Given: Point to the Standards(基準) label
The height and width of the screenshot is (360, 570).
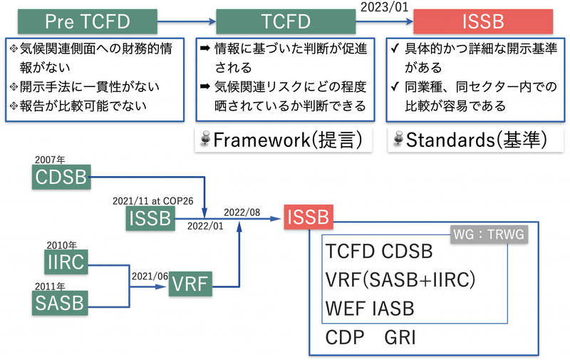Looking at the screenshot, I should click(x=475, y=140).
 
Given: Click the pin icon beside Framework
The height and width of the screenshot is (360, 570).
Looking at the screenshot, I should click(x=205, y=140).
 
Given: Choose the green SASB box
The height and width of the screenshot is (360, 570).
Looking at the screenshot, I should click(x=59, y=303).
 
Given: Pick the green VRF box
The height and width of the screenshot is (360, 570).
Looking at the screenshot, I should click(x=190, y=285).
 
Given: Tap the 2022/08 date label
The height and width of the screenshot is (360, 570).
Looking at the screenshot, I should click(x=242, y=212).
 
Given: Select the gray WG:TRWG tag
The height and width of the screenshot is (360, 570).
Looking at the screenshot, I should click(x=489, y=235).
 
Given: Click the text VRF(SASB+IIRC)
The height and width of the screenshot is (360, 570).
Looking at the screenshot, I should click(x=400, y=279).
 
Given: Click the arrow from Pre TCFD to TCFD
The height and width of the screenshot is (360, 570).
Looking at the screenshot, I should click(x=185, y=21).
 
